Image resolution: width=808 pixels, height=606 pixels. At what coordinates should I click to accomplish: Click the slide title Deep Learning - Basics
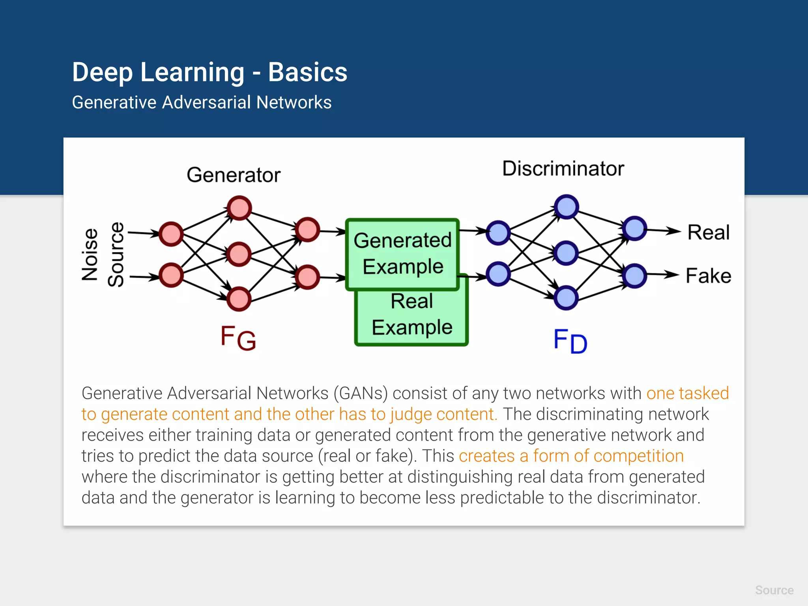(209, 72)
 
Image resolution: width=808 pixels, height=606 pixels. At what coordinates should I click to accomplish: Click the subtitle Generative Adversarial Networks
(202, 103)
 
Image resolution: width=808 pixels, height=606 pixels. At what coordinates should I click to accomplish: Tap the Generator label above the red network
(234, 175)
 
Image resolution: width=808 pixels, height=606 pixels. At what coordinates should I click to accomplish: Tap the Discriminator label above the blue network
(563, 168)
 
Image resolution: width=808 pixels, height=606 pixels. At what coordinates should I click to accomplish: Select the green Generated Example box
(402, 253)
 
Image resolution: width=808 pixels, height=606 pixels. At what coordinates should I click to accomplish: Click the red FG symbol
(238, 338)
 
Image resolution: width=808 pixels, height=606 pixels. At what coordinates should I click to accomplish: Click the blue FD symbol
(570, 341)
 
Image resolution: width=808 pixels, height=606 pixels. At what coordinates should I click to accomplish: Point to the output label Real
(709, 232)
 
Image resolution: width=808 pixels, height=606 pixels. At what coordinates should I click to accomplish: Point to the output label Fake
(709, 275)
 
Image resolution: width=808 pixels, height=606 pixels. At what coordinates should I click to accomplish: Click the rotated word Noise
(90, 254)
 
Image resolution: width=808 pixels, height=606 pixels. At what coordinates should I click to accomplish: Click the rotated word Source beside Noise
(116, 254)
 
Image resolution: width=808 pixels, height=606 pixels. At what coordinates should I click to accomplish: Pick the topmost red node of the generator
(239, 208)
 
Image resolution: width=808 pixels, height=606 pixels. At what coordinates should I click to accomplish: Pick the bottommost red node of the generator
(239, 299)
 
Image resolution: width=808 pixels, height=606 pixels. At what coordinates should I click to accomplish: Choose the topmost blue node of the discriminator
(566, 207)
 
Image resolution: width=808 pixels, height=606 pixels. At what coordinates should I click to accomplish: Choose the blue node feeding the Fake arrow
(634, 276)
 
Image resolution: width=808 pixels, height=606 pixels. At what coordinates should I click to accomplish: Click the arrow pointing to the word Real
(664, 231)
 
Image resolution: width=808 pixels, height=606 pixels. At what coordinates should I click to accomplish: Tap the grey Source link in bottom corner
(774, 590)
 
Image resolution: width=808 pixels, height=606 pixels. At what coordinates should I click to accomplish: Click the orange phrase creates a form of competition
(571, 456)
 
